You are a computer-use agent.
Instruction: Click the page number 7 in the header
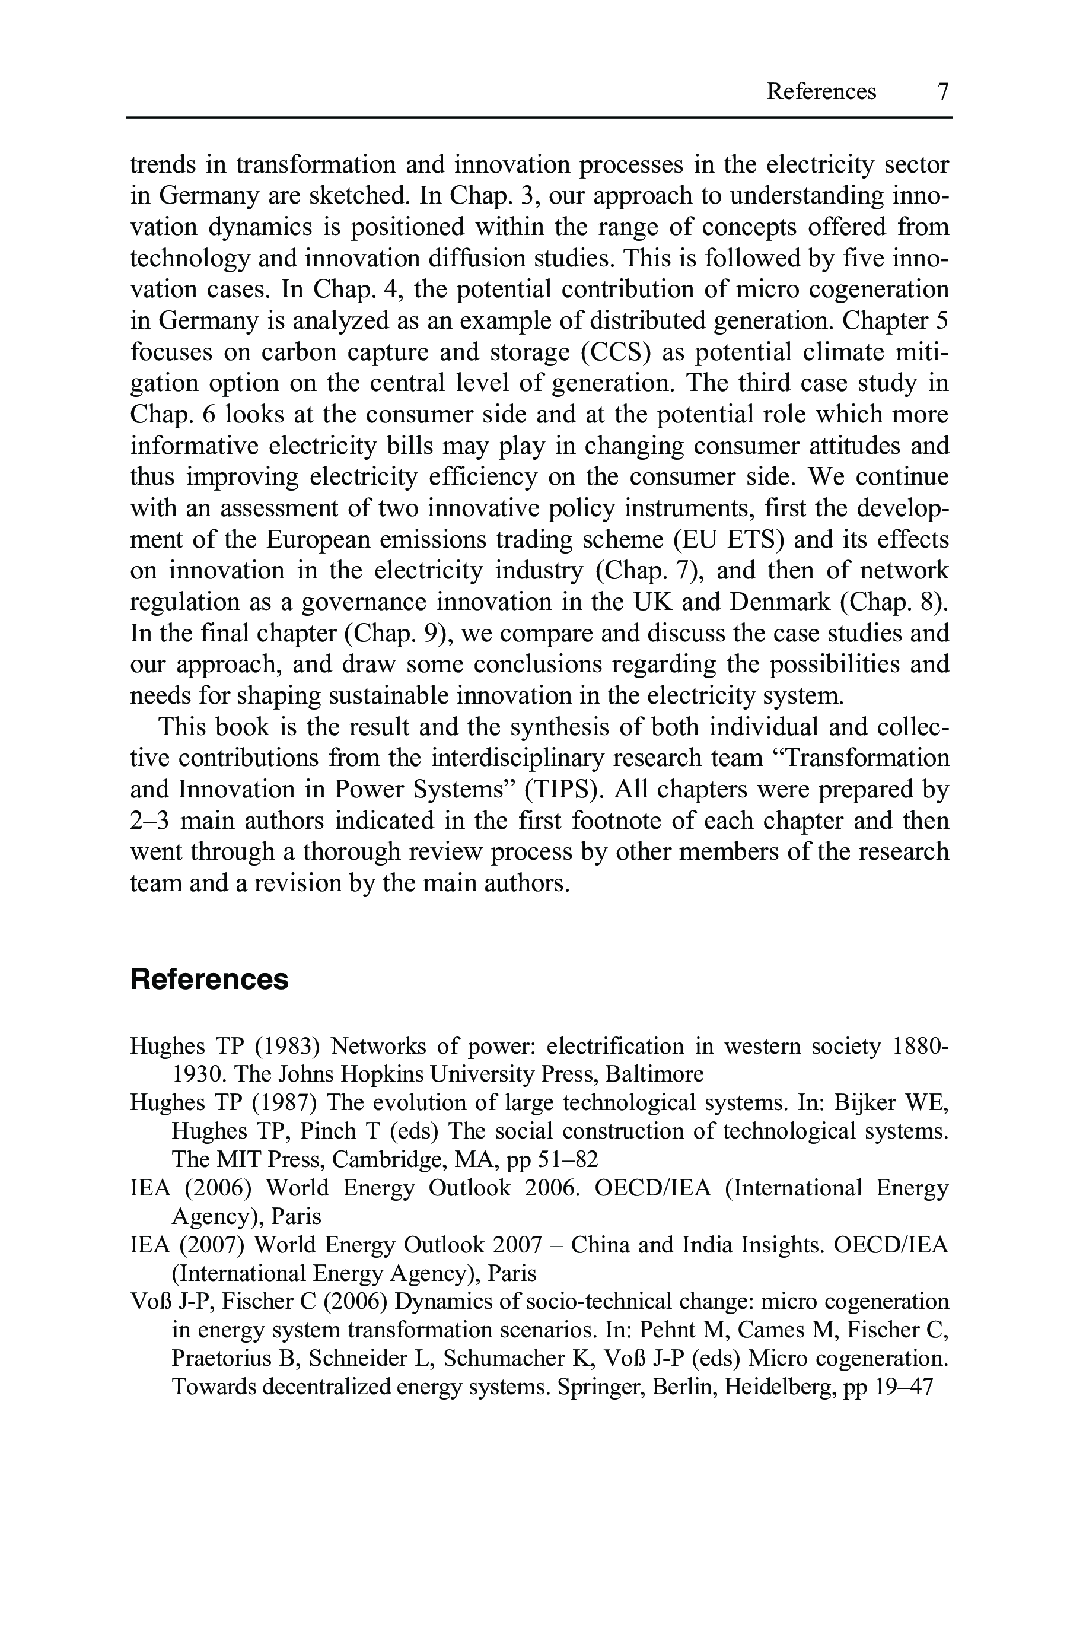(x=942, y=91)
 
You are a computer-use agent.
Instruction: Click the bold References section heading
(x=209, y=980)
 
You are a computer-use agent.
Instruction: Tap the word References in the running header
(x=821, y=91)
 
